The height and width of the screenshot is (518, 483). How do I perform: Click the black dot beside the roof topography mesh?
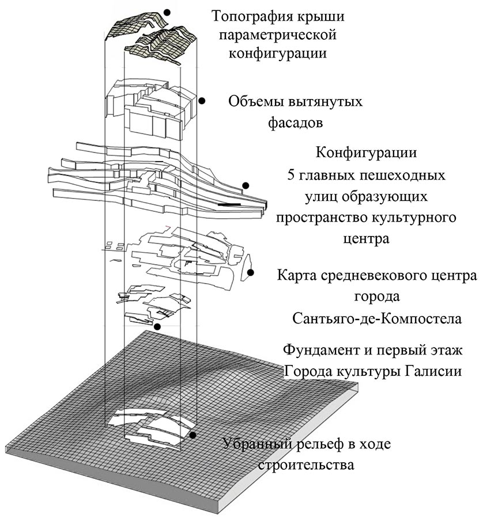pyautogui.click(x=167, y=12)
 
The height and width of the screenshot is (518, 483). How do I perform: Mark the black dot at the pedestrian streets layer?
pyautogui.click(x=246, y=185)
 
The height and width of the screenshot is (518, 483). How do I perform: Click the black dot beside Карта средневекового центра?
pyautogui.click(x=250, y=273)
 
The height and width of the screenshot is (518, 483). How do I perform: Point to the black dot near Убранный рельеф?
pyautogui.click(x=192, y=436)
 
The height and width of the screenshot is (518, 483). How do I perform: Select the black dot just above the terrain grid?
pyautogui.click(x=158, y=327)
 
